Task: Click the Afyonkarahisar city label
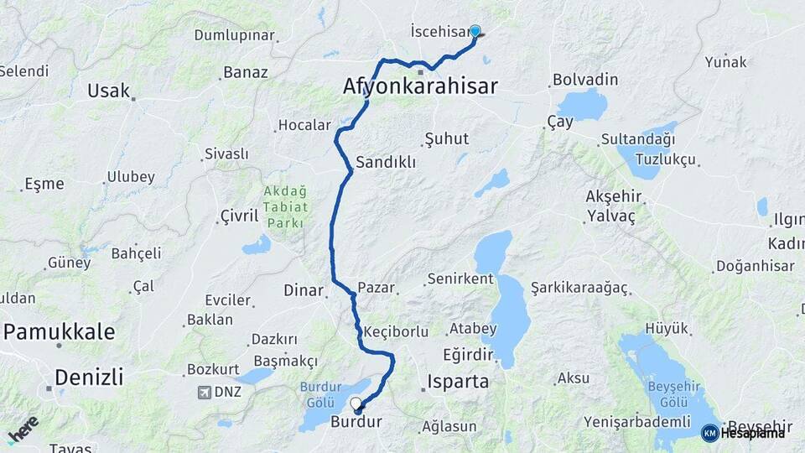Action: click(x=420, y=86)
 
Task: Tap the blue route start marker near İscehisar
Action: click(x=475, y=32)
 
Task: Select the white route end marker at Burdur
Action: click(x=356, y=404)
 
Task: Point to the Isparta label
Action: click(x=458, y=382)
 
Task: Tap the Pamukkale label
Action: click(x=59, y=331)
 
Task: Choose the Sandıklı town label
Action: click(x=386, y=163)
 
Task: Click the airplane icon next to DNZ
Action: click(x=205, y=392)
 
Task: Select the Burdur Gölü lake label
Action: click(x=318, y=394)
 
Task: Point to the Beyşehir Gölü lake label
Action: click(x=667, y=393)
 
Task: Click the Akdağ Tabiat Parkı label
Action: click(x=286, y=207)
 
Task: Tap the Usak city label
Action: click(x=109, y=91)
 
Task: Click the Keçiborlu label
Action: click(x=397, y=331)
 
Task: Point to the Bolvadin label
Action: click(x=585, y=80)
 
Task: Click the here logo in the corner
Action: click(x=23, y=429)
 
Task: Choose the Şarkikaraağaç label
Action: click(x=579, y=288)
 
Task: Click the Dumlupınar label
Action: click(x=234, y=35)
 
